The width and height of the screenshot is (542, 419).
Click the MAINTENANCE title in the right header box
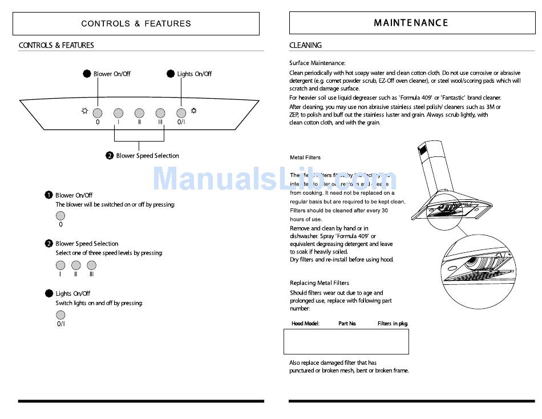411,23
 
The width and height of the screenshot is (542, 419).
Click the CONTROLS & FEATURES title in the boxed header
136,23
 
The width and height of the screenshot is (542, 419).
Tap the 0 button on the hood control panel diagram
98,112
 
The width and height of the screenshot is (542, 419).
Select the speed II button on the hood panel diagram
139,112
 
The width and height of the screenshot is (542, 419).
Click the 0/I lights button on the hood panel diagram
181,112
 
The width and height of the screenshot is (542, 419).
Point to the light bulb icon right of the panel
194,111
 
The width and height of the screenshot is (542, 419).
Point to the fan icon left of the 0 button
85,111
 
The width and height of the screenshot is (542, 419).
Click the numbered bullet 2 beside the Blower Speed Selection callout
110,156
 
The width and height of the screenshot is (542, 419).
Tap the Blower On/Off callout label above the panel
112,74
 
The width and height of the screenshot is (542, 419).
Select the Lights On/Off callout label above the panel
194,74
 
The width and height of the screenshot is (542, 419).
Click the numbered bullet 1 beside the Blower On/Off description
49,195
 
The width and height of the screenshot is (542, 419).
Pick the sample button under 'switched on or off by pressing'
60,216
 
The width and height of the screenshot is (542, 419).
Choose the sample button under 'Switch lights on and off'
60,315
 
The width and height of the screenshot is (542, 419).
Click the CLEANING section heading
305,45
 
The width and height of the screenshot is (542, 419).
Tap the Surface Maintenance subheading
317,63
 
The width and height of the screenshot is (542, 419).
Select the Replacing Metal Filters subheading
319,283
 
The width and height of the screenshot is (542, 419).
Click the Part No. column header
347,324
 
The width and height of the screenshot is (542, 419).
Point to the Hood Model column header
305,324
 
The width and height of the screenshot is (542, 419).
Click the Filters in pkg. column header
393,324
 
